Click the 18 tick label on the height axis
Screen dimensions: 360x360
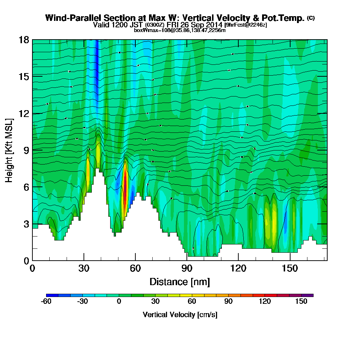click(24, 40)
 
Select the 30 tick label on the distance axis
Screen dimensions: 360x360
click(84, 268)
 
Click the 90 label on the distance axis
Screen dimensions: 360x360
click(187, 268)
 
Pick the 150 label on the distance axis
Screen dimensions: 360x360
click(290, 268)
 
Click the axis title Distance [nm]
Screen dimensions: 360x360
click(180, 281)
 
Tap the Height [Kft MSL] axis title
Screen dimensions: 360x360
click(9, 150)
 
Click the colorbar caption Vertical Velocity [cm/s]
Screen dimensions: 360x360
click(180, 315)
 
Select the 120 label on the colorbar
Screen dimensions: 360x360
click(265, 302)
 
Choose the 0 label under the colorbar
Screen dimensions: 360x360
click(119, 302)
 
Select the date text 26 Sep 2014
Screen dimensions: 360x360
click(202, 25)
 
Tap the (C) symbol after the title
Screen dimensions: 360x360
click(311, 18)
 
